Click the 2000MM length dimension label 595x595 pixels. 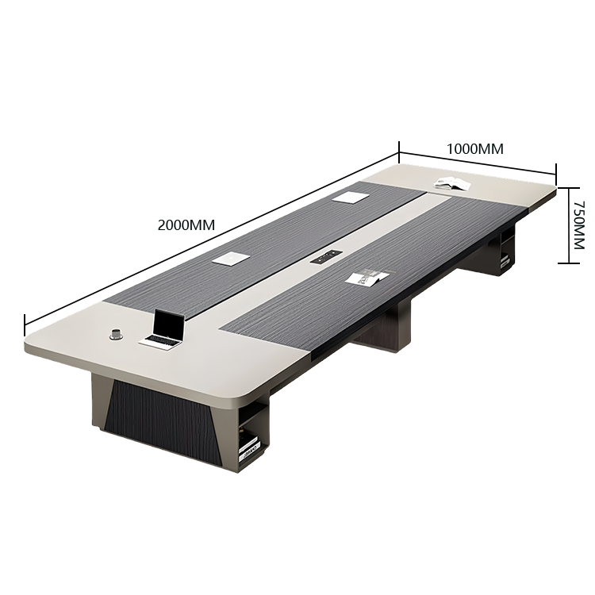tap(186, 225)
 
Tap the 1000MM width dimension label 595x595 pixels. tap(474, 149)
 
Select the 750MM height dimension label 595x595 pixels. tap(579, 225)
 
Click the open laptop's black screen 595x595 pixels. tap(168, 324)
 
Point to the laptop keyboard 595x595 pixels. tap(160, 341)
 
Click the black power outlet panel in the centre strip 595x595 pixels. tap(326, 257)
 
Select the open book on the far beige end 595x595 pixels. tap(452, 183)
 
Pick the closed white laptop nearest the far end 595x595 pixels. tap(350, 197)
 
